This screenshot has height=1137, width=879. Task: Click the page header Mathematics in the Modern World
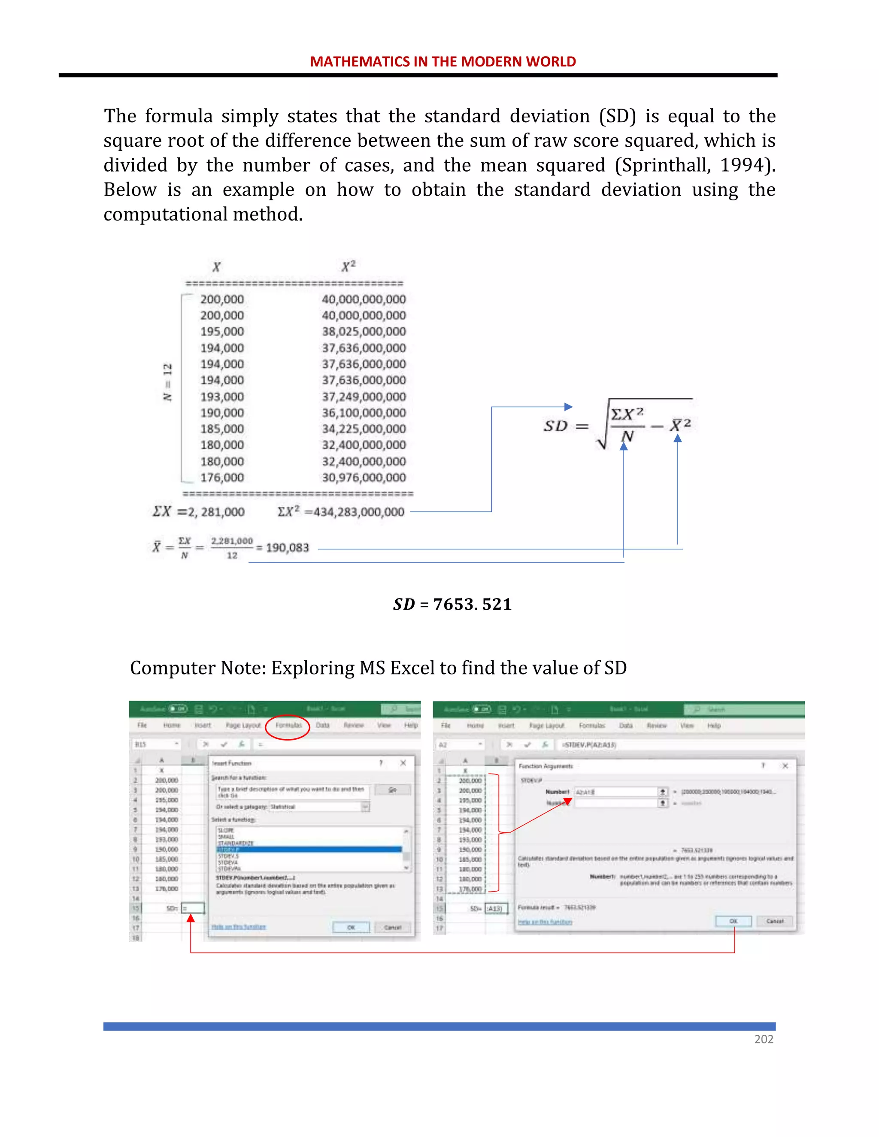pos(443,61)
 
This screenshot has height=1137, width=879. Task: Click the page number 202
pos(764,1039)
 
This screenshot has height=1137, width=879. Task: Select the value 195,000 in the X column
pos(222,332)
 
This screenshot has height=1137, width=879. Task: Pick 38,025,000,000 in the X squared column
pos(364,332)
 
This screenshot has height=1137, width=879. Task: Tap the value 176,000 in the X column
pos(222,478)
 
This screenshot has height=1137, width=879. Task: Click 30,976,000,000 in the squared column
pos(364,478)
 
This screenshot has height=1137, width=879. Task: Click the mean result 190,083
pos(287,547)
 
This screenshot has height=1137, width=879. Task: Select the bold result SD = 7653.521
pos(452,604)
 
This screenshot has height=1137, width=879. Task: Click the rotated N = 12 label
pos(167,382)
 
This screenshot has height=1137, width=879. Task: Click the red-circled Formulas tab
pos(288,725)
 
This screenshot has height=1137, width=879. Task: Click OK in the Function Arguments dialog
pos(733,921)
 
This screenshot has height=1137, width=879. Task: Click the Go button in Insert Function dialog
pos(393,790)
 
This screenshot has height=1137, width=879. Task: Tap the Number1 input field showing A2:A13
pos(615,792)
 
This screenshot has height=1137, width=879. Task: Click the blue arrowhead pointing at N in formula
pos(623,446)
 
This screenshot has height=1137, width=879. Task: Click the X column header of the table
pos(216,267)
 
